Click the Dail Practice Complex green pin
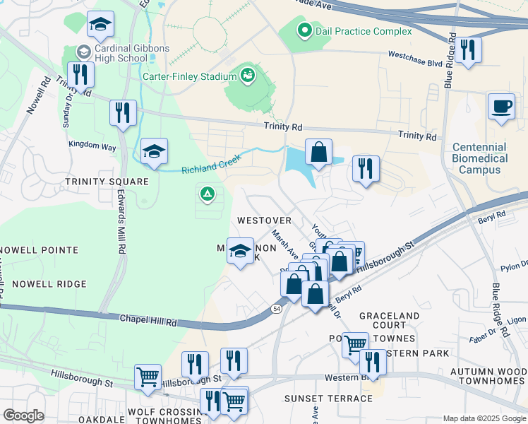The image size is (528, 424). [304, 30]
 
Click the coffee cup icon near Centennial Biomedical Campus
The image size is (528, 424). [501, 107]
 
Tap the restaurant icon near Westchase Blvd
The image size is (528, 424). [467, 51]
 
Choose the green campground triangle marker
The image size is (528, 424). [207, 192]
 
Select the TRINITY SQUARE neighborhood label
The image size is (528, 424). [107, 182]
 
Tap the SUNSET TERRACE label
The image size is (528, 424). [328, 399]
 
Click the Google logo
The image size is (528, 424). [23, 415]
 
